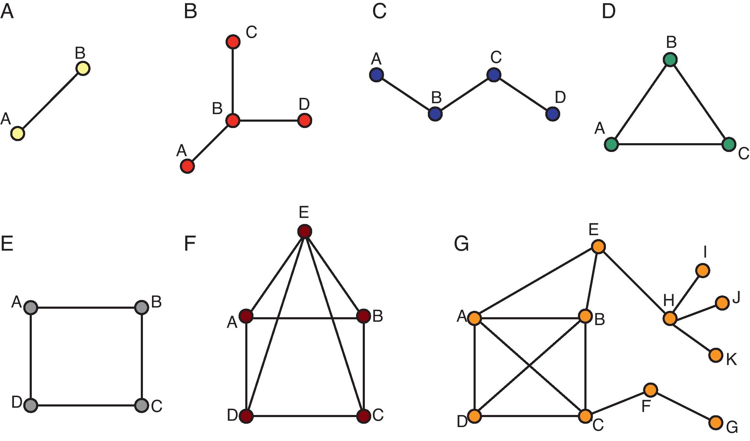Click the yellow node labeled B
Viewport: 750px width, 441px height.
pos(83,68)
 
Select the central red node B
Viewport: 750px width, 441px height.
pos(233,121)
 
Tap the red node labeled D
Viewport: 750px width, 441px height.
pos(305,121)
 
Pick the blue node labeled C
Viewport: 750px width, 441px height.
pos(494,75)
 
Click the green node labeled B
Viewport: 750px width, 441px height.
pos(670,60)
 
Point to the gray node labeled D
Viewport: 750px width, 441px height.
pos(31,405)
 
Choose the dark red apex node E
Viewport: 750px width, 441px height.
pos(305,232)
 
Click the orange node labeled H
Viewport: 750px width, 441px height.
pos(670,318)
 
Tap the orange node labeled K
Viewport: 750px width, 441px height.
pos(716,355)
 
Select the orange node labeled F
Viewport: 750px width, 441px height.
pos(650,390)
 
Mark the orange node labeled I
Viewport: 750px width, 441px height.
pos(703,270)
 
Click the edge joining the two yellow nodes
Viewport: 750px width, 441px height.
pos(50,101)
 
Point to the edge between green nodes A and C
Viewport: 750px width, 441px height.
pos(670,144)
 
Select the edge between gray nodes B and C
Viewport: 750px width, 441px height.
pos(142,356)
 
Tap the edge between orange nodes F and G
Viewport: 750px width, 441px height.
pos(683,406)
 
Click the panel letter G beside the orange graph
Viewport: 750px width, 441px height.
pos(461,244)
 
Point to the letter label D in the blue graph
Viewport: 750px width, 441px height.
pos(560,97)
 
